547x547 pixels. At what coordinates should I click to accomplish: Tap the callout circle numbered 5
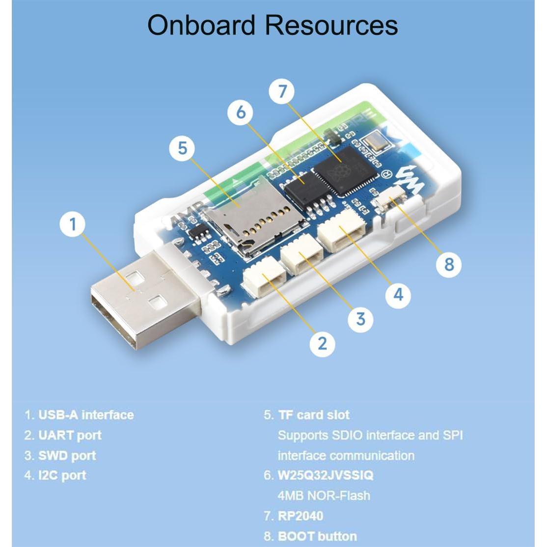point(183,148)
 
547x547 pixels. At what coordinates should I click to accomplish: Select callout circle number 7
point(282,91)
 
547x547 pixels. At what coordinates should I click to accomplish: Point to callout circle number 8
point(449,264)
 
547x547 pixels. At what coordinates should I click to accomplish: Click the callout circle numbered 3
point(361,319)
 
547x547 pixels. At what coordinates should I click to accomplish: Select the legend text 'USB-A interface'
point(85,415)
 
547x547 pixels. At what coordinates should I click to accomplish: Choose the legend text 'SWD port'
point(67,455)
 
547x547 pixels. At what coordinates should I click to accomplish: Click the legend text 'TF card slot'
point(314,415)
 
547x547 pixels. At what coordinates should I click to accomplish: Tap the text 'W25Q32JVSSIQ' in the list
point(326,475)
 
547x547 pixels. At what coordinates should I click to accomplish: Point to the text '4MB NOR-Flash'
point(324,495)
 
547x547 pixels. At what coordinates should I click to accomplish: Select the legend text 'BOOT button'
point(317,536)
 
